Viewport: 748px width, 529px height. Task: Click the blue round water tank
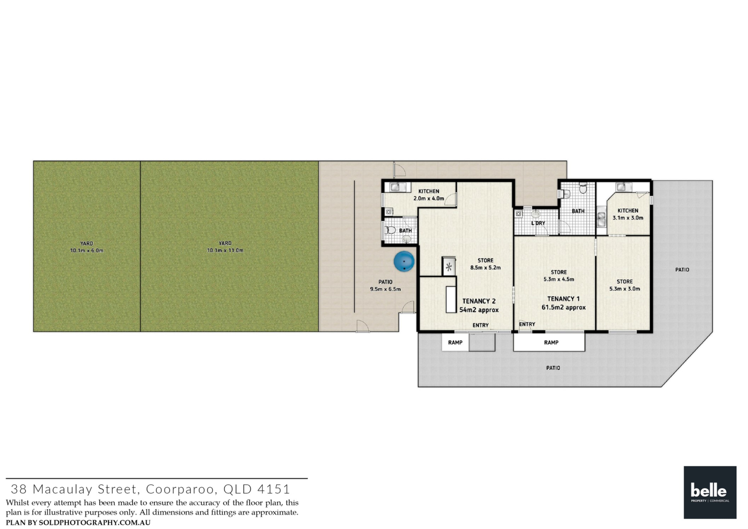[x=404, y=261]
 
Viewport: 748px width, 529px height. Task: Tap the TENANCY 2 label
[x=479, y=301]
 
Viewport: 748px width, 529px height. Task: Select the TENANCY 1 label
[x=563, y=299]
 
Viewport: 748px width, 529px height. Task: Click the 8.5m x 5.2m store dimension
[x=486, y=268]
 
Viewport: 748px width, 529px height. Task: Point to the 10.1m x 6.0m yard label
[x=87, y=251]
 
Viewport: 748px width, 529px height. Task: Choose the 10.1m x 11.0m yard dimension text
[x=225, y=251]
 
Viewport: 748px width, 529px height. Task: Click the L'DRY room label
[x=539, y=223]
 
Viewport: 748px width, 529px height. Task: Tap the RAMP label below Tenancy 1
[x=551, y=343]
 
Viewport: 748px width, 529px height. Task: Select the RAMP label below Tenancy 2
[x=455, y=343]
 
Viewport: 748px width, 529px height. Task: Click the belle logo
[x=710, y=492]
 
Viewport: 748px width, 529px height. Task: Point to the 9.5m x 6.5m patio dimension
[x=385, y=289]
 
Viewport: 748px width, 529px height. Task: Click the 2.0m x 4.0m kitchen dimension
[x=428, y=198]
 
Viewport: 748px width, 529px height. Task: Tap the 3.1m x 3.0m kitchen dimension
[x=628, y=218]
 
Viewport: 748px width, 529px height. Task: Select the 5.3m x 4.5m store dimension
[x=559, y=279]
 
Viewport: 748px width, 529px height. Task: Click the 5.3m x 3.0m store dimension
[x=625, y=289]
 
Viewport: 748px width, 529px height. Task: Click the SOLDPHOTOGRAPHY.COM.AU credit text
[x=95, y=523]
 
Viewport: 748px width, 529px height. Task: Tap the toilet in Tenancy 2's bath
[x=390, y=230]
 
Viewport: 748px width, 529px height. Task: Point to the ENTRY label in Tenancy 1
[x=527, y=324]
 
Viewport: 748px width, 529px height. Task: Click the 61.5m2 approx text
[x=564, y=307]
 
